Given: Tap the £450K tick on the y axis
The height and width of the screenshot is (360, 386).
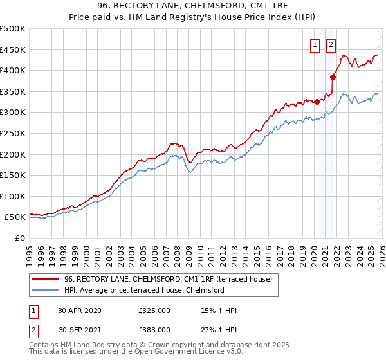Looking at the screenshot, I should (x=13, y=50).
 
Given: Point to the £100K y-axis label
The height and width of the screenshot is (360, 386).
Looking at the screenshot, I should (x=13, y=196).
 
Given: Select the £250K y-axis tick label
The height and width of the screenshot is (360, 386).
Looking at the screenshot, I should (x=13, y=133).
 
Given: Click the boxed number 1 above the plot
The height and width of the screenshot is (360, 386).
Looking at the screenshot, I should (x=315, y=44).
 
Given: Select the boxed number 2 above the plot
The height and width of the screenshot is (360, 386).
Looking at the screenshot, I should (x=331, y=44).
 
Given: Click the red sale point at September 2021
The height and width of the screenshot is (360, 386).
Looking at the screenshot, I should (x=333, y=77).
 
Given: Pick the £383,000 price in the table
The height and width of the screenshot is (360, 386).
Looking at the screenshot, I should (x=154, y=330).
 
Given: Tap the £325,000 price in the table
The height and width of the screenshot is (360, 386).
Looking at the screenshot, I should (x=154, y=310).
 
